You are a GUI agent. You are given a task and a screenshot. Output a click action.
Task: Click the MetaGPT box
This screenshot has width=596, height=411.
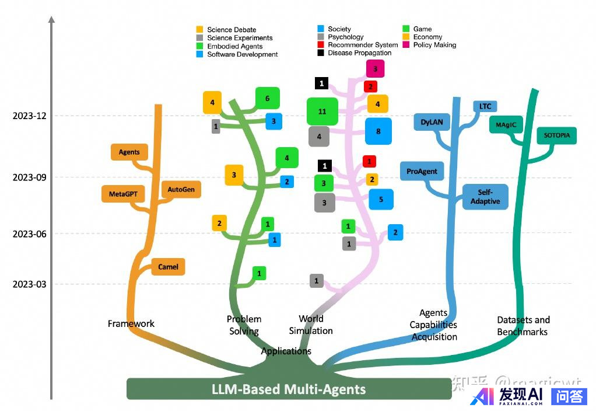[123, 193]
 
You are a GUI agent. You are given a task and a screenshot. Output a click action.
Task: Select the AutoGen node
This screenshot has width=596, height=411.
[181, 190]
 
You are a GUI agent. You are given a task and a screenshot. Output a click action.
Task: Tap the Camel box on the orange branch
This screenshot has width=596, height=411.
[169, 267]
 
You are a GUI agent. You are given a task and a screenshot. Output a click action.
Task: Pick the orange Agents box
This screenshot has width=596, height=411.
[129, 152]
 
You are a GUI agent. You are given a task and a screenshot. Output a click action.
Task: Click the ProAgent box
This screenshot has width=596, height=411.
[422, 172]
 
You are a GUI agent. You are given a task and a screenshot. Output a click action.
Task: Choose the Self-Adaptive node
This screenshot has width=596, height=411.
[485, 197]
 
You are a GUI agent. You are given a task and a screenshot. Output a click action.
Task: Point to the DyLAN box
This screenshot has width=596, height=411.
[432, 123]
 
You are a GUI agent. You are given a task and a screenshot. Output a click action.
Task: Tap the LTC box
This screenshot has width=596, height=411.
[485, 106]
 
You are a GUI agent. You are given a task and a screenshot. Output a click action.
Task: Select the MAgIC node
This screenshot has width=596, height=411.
[506, 125]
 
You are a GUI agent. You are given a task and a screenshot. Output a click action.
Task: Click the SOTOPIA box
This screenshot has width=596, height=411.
[557, 135]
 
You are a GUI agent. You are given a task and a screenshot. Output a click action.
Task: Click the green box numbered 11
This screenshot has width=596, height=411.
[322, 111]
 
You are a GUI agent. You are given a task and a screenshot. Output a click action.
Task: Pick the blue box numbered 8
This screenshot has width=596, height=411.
[378, 131]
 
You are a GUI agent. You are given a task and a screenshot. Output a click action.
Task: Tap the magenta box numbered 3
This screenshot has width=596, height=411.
[375, 69]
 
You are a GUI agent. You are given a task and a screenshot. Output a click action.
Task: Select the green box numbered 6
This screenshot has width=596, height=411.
[268, 98]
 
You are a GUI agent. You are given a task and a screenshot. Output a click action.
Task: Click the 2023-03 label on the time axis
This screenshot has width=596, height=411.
[29, 284]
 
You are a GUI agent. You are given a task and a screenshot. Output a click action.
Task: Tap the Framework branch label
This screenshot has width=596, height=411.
[131, 323]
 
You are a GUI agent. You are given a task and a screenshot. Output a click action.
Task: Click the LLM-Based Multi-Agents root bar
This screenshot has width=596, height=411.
[289, 389]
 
